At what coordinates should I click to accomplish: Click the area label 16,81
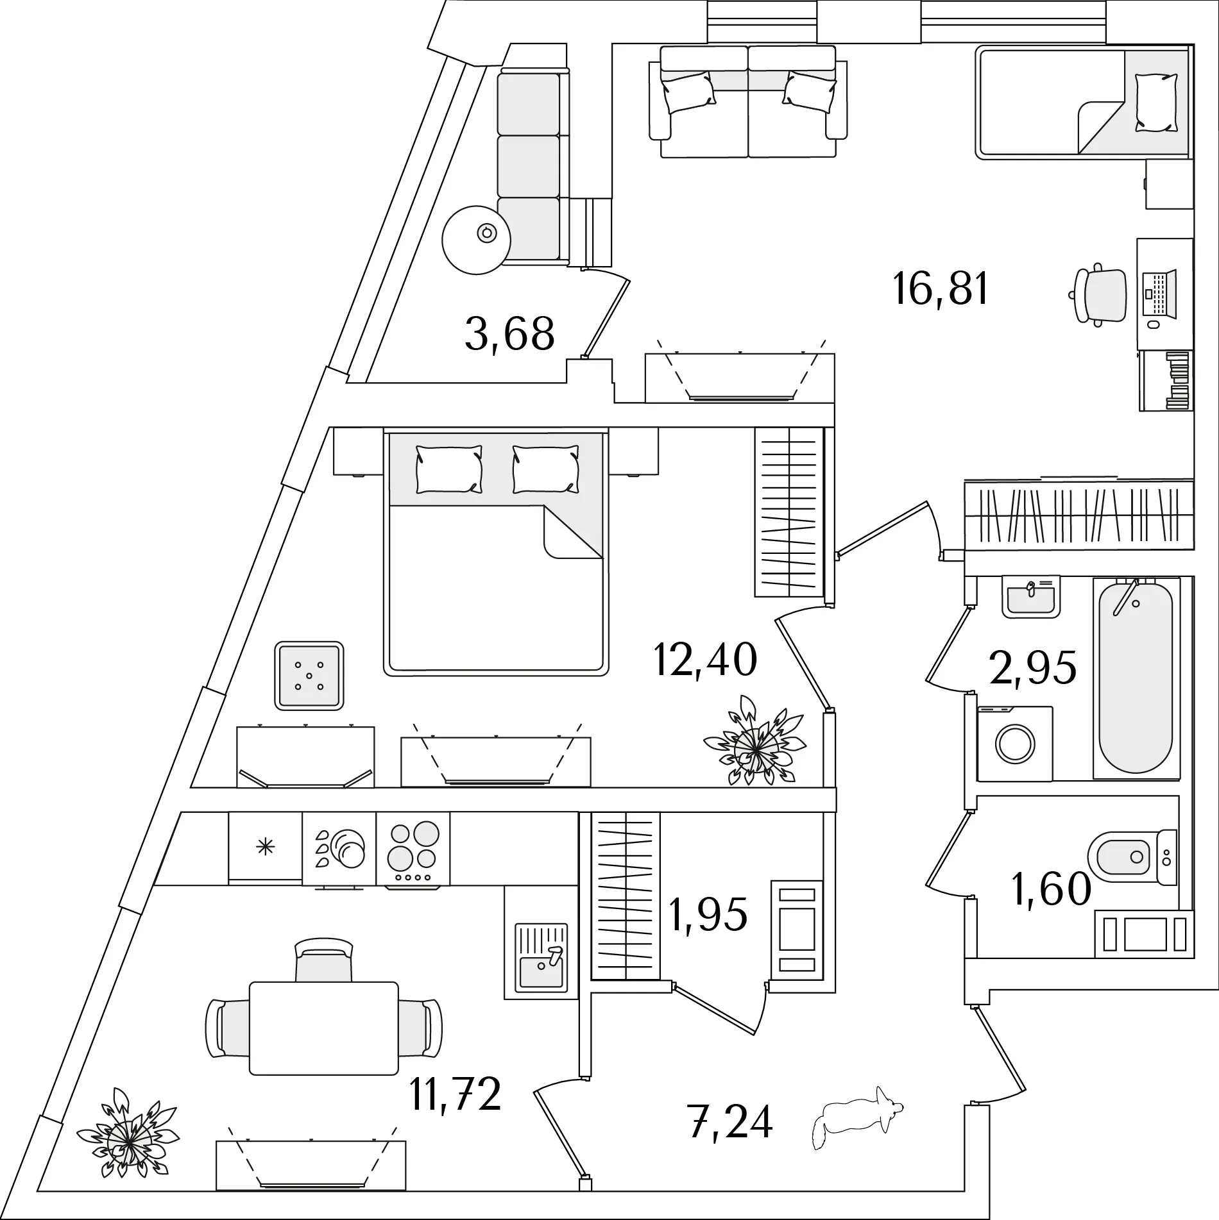pos(940,289)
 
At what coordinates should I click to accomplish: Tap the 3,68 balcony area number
pos(509,334)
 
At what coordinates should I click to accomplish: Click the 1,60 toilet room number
pos(1051,889)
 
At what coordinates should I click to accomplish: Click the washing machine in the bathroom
pos(1014,744)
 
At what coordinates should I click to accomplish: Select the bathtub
pos(1136,679)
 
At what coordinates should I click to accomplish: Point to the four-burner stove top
pos(413,848)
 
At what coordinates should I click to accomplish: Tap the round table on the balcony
pos(476,239)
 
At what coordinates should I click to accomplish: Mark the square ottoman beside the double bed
pos(309,676)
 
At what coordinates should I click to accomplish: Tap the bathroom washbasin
pos(1030,597)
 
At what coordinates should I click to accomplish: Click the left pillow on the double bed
pos(448,470)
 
